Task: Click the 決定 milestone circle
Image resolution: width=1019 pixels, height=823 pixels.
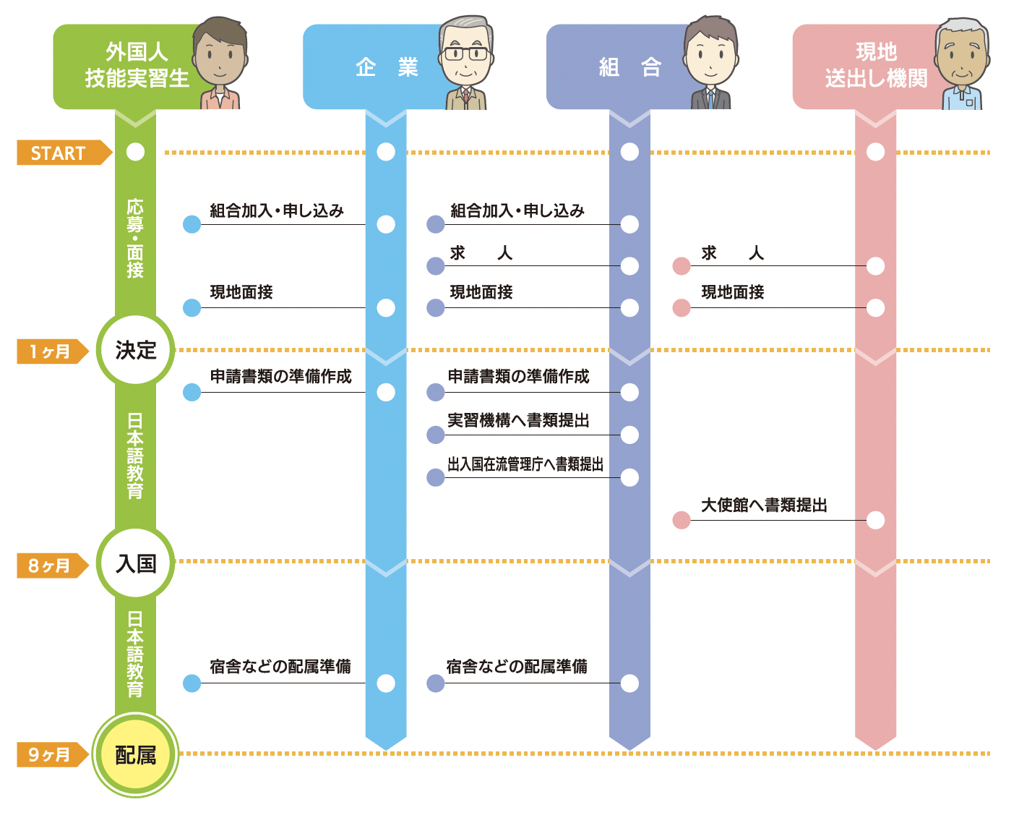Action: pyautogui.click(x=135, y=350)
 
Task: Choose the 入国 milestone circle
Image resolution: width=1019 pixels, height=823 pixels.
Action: pyautogui.click(x=135, y=563)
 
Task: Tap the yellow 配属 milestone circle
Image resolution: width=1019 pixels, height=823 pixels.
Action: pyautogui.click(x=135, y=755)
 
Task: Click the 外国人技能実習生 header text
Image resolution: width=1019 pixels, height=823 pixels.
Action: pyautogui.click(x=137, y=65)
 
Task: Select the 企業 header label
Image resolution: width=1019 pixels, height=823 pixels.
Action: pyautogui.click(x=387, y=68)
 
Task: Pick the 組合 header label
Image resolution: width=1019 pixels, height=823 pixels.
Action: pyautogui.click(x=629, y=68)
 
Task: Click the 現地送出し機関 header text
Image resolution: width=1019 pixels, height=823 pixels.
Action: pyautogui.click(x=876, y=65)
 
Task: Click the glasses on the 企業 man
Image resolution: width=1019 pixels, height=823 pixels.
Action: pyautogui.click(x=465, y=54)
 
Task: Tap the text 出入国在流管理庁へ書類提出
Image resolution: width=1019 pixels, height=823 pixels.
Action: pyautogui.click(x=525, y=464)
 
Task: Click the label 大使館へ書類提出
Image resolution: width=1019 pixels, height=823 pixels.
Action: pyautogui.click(x=764, y=506)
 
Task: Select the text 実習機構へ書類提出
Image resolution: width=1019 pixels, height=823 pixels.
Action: pyautogui.click(x=518, y=421)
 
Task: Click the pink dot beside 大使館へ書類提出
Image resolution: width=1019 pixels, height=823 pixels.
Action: pyautogui.click(x=681, y=520)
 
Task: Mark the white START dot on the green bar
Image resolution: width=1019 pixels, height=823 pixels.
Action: pyautogui.click(x=135, y=152)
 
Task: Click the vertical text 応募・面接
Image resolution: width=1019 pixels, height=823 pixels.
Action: pyautogui.click(x=135, y=238)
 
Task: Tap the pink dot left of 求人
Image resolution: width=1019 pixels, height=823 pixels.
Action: pyautogui.click(x=681, y=266)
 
